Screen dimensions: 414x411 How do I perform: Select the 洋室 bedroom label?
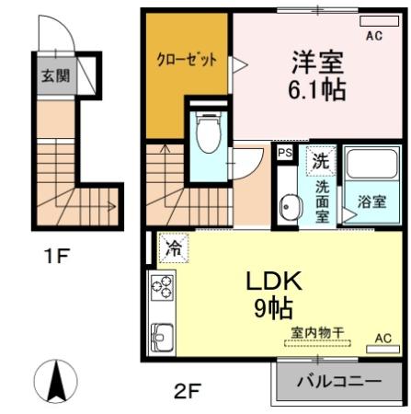[318, 63]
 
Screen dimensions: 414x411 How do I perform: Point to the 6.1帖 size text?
[318, 92]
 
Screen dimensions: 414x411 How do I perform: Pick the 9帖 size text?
[270, 310]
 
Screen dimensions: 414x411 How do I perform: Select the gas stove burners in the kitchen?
[162, 289]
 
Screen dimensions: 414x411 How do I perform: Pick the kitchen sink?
[162, 336]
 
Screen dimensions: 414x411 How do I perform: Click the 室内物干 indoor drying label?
[317, 333]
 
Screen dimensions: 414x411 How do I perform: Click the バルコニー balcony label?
[338, 381]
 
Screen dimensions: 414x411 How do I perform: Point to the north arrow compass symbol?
[54, 381]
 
